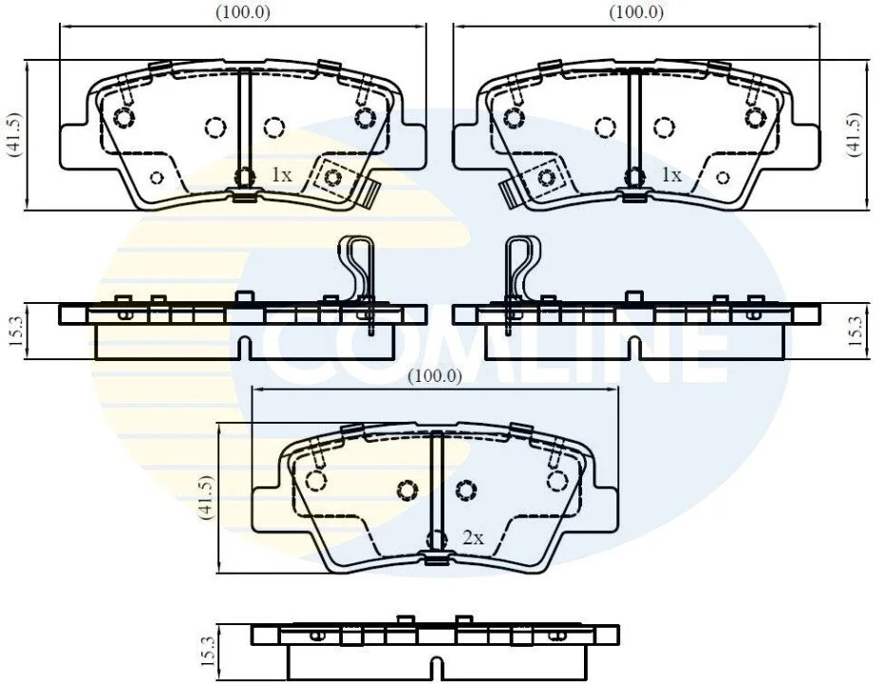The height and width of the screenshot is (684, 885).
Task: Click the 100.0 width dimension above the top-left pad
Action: click(243, 11)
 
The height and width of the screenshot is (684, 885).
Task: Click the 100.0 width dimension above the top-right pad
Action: click(636, 11)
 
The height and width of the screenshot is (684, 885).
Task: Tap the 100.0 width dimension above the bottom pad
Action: click(435, 375)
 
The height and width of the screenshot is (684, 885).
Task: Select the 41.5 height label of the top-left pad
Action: click(13, 134)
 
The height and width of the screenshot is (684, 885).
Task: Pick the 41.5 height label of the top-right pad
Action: click(855, 134)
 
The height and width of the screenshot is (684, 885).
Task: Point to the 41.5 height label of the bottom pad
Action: click(207, 497)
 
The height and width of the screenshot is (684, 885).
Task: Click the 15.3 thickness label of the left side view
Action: click(14, 331)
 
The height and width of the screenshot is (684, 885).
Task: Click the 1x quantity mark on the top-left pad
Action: click(282, 175)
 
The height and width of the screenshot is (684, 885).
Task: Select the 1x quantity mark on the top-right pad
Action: click(671, 175)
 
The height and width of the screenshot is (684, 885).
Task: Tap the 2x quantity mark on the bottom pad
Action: click(473, 538)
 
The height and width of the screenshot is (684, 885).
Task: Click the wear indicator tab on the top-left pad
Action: click(369, 193)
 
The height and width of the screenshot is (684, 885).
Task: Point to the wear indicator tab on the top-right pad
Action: click(511, 193)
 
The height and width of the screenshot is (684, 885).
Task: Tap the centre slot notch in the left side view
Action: click(244, 348)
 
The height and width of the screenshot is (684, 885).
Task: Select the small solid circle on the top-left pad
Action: click(157, 178)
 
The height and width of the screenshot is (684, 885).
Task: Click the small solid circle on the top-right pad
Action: click(723, 178)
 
